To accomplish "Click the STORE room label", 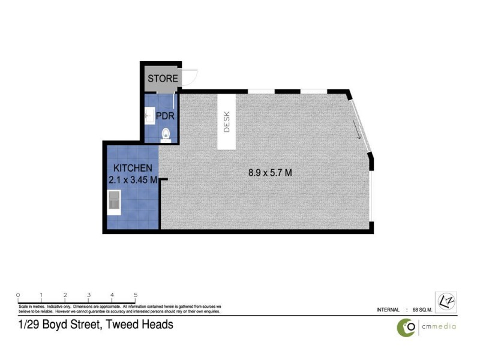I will (x=163, y=79).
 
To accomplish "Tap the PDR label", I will (x=165, y=115).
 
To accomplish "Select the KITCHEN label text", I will (x=133, y=168).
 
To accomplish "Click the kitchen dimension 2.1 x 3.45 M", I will (x=133, y=179).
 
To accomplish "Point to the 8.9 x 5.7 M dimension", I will (x=270, y=173).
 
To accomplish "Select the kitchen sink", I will (x=114, y=203).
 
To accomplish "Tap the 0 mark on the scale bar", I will (x=18, y=295).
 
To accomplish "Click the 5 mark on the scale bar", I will (x=136, y=295).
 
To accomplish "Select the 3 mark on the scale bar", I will (x=88, y=295).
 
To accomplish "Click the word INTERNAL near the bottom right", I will (x=388, y=310).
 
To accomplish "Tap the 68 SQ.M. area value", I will (x=424, y=310).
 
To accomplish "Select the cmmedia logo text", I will (x=437, y=327).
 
